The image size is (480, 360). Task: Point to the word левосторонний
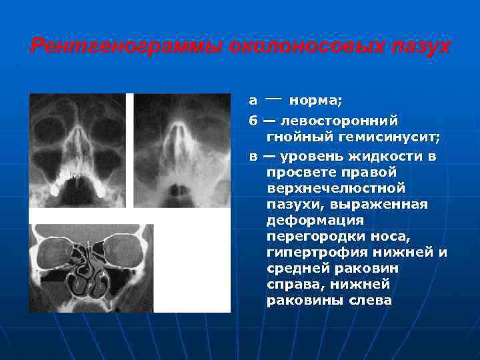click(x=340, y=121)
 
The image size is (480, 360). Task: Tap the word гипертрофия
click(x=311, y=253)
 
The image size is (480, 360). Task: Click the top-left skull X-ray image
click(x=78, y=151)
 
